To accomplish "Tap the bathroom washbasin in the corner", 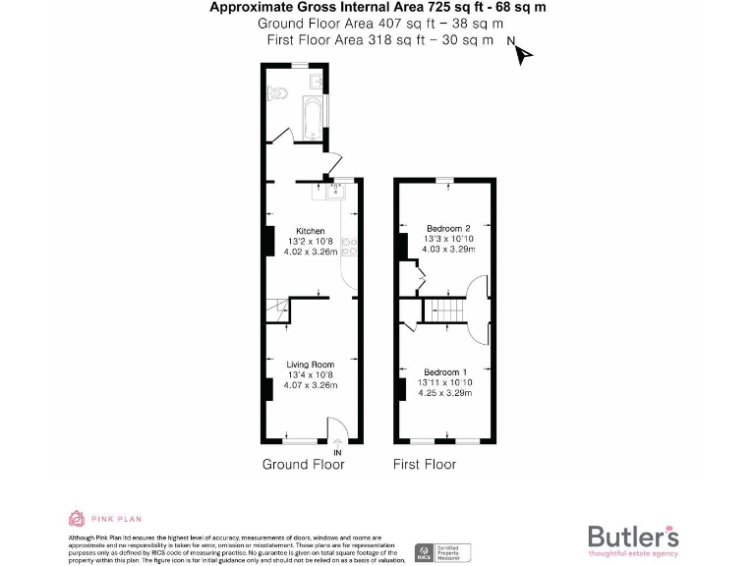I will click(x=317, y=80).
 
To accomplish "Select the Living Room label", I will click(x=310, y=365).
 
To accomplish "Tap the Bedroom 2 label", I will click(x=447, y=228).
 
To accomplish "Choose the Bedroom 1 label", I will click(x=446, y=372).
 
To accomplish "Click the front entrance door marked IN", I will click(x=337, y=433).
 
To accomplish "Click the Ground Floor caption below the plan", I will click(x=304, y=464).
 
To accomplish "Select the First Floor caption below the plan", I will click(x=425, y=464).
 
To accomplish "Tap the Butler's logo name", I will click(x=632, y=537).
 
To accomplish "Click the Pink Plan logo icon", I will click(x=76, y=517).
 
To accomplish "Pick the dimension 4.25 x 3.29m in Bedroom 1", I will click(x=446, y=393).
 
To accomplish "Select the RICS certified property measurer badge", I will click(x=443, y=552).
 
